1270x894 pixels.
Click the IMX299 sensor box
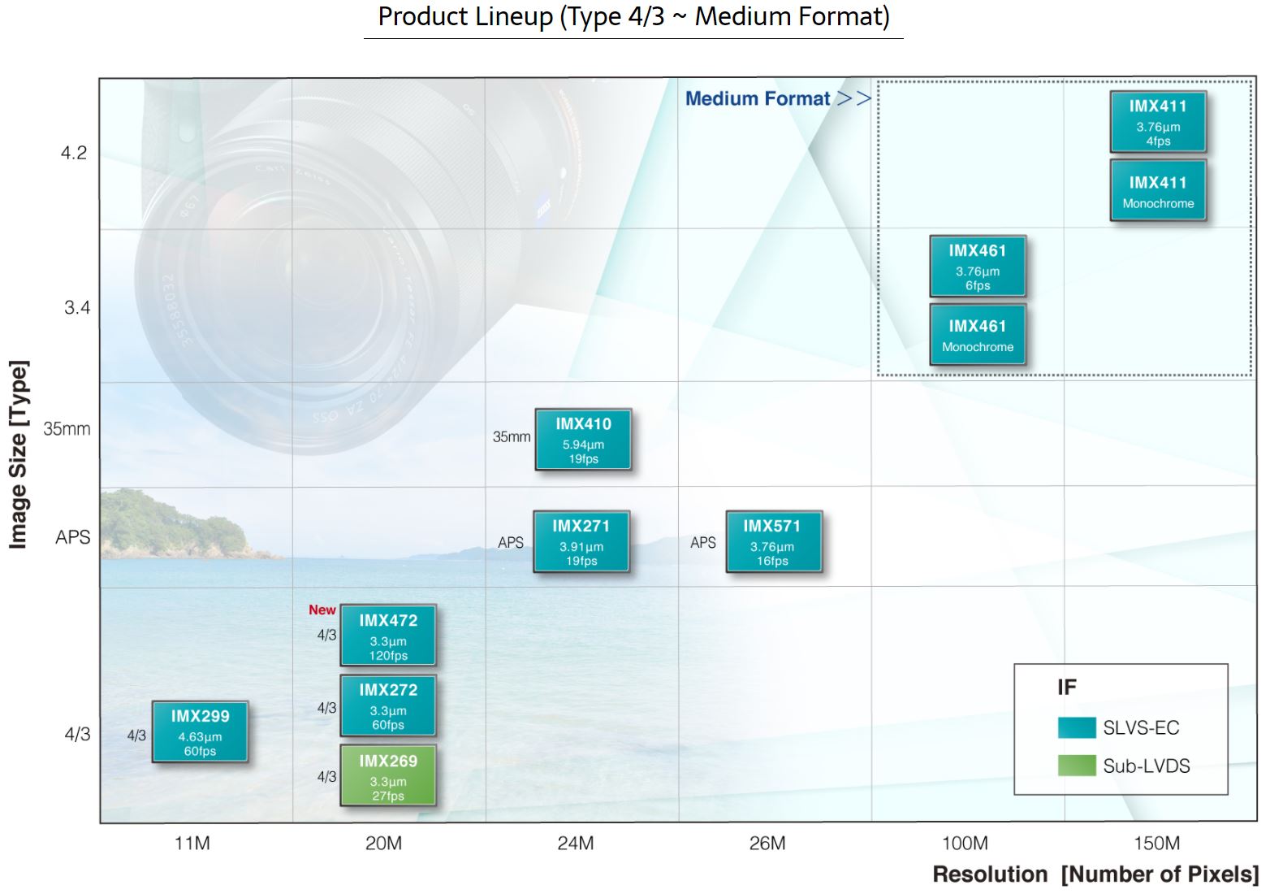(200, 731)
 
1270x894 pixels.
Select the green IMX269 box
(388, 775)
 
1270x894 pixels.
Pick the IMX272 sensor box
(388, 705)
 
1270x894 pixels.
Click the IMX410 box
(583, 440)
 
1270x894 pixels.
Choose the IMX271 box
(581, 541)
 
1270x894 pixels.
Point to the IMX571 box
(773, 541)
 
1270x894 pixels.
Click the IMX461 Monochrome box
(978, 334)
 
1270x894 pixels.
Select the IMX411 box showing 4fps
(1158, 121)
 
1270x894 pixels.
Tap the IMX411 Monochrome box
(1158, 190)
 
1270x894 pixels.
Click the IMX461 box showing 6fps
(978, 266)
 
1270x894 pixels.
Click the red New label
(322, 610)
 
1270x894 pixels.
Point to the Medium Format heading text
(758, 98)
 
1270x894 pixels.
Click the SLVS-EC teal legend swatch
(1077, 727)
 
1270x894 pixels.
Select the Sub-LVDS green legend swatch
(1077, 765)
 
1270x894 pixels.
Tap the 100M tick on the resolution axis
(965, 843)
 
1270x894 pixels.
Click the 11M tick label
(192, 843)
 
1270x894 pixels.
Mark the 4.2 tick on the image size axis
(74, 153)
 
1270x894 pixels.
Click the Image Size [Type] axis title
(18, 454)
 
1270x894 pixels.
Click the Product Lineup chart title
(633, 17)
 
